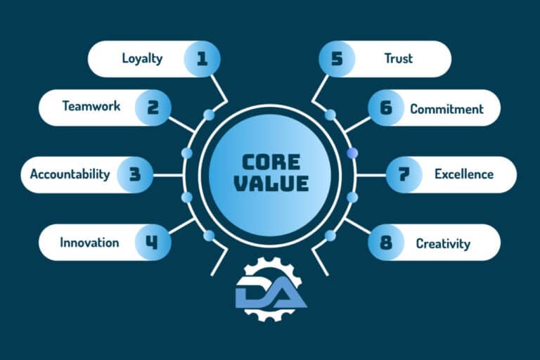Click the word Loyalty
pos(142,58)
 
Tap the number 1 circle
pos(202,58)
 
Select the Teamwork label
pos(91,105)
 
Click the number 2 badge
pos(153,108)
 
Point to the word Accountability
pos(70,174)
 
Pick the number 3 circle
pos(135,174)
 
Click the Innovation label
pos(89,243)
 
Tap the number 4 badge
pos(153,242)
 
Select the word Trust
pos(399,58)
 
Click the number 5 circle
pos(337,58)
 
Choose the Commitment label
pos(446,109)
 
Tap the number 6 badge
pos(386,108)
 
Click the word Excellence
pos(464,174)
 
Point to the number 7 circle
pos(404,174)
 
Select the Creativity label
pos(443,244)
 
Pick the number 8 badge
pos(386,243)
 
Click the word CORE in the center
pos(271,162)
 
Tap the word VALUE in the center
pos(271,184)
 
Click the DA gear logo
pos(271,289)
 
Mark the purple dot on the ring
pos(352,153)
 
